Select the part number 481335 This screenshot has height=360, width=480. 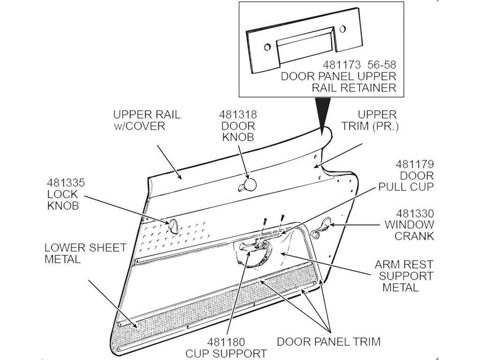(x=66, y=183)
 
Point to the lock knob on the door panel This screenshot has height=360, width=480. (x=173, y=226)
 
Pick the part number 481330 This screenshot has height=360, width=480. (x=415, y=213)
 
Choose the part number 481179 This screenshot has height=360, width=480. (x=415, y=165)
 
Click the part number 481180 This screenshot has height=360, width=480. (x=226, y=342)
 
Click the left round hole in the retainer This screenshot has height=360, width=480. (x=268, y=47)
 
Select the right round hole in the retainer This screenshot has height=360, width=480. (x=343, y=29)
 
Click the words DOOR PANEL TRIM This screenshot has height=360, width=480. (x=329, y=341)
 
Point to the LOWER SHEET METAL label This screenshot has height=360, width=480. (x=85, y=254)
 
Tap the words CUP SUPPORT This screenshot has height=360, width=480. (x=226, y=353)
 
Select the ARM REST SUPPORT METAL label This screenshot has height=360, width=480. (x=404, y=276)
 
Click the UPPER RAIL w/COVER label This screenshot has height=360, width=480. (x=147, y=120)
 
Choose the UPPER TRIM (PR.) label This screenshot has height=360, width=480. (x=370, y=120)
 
